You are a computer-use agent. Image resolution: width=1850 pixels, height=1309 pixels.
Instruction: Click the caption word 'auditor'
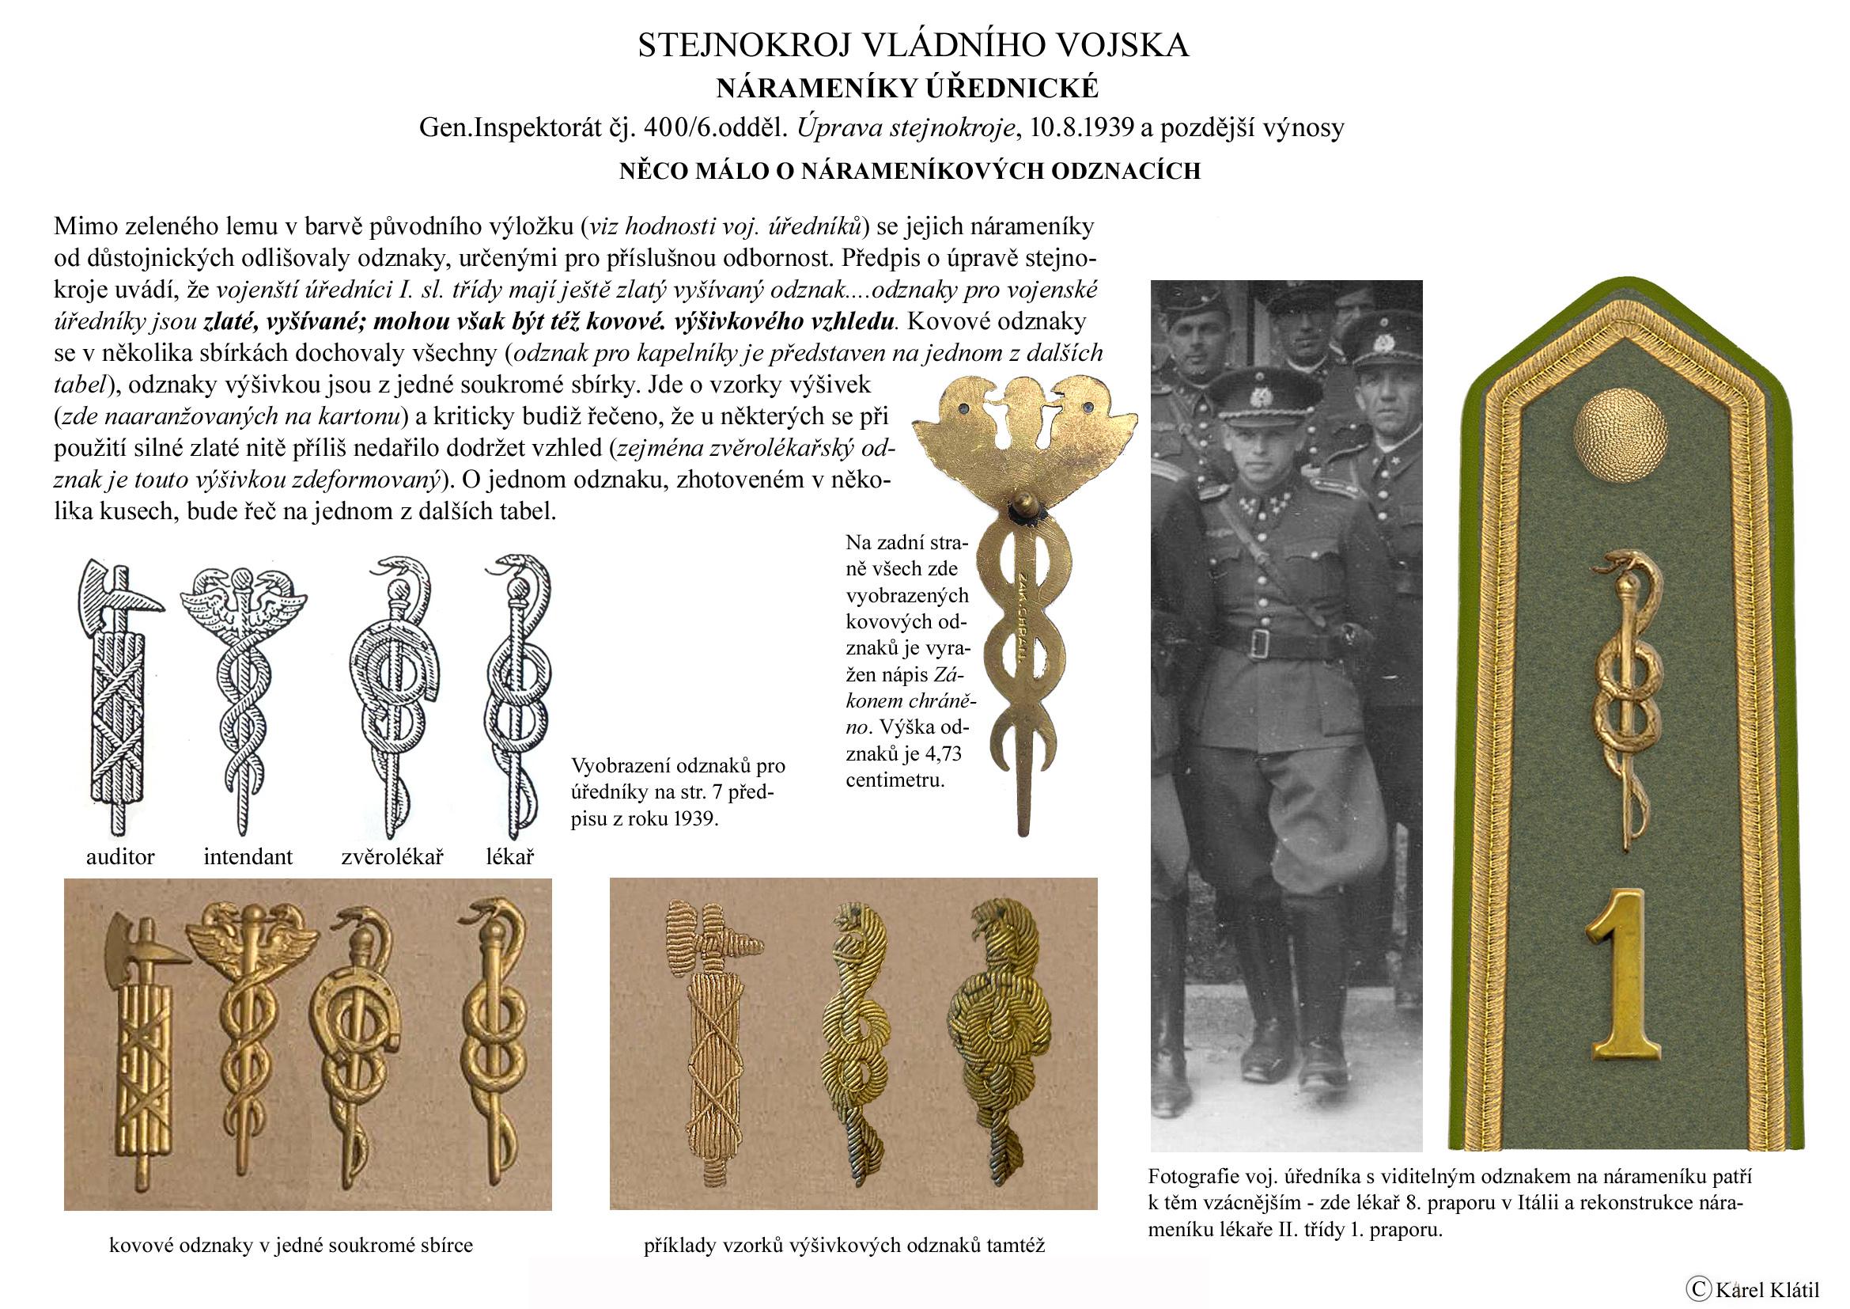(x=120, y=857)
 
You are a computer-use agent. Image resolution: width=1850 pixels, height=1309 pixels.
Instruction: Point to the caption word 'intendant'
(x=248, y=857)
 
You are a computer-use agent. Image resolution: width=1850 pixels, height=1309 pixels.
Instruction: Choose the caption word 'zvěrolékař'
(x=392, y=857)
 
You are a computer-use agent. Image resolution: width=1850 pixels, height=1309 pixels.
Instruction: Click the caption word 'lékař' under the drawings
(x=509, y=857)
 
